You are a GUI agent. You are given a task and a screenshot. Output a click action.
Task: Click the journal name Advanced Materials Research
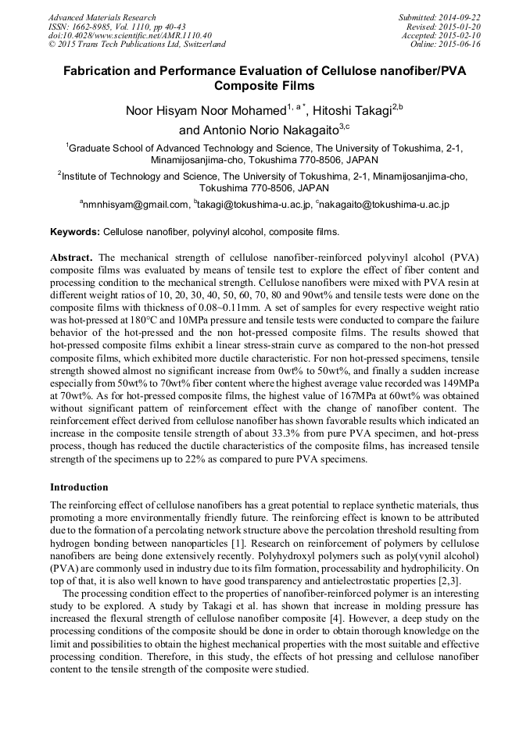click(x=102, y=17)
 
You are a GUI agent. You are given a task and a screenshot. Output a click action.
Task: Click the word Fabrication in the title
click(x=98, y=70)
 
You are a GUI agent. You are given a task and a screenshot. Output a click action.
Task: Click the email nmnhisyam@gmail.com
click(x=134, y=205)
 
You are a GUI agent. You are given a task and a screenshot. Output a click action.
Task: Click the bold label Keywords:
click(x=75, y=232)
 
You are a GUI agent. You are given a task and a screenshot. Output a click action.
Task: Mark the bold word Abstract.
click(x=71, y=257)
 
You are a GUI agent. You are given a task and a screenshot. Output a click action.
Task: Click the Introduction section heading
click(x=79, y=487)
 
